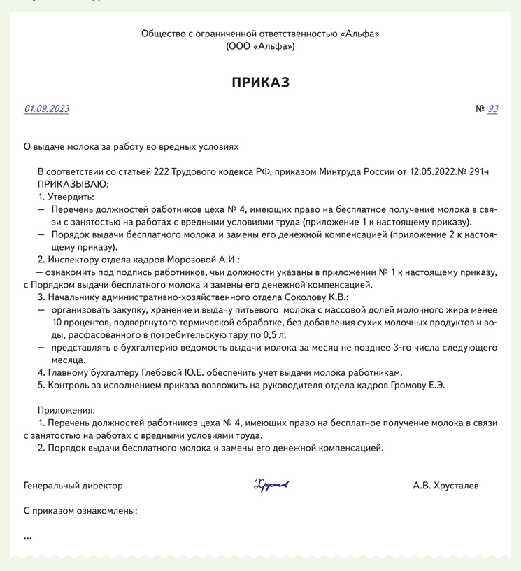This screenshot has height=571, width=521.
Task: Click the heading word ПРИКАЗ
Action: click(x=260, y=83)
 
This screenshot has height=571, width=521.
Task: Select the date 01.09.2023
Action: click(x=47, y=108)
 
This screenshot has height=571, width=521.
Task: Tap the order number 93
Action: click(x=493, y=108)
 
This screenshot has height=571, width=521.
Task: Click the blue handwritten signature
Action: click(x=271, y=485)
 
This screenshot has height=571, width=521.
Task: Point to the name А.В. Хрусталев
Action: click(x=445, y=486)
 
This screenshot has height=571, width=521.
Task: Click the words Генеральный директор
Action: click(x=73, y=486)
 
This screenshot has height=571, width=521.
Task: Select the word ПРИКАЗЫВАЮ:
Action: click(x=73, y=184)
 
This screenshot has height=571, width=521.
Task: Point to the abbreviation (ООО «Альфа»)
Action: click(x=260, y=46)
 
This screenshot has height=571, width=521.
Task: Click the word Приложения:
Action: click(x=66, y=410)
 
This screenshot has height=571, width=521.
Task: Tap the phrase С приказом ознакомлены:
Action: click(x=80, y=511)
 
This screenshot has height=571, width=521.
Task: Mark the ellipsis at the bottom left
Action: click(x=28, y=537)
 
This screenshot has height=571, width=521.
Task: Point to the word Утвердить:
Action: click(x=70, y=197)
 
